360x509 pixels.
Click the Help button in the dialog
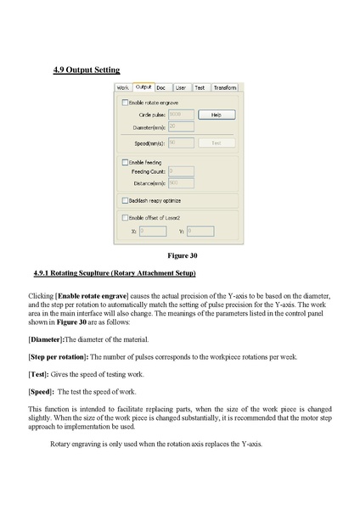click(x=217, y=114)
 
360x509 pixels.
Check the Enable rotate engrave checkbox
click(x=126, y=102)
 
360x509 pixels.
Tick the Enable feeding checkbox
click(x=126, y=161)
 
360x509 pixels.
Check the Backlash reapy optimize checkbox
click(x=126, y=200)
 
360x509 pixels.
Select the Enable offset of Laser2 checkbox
click(x=126, y=217)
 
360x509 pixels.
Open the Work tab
click(x=123, y=87)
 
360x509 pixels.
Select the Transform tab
click(x=225, y=87)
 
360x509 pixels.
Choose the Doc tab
click(x=161, y=87)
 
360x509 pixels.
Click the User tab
click(x=180, y=87)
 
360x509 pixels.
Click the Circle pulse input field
click(x=181, y=114)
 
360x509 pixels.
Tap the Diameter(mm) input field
click(x=181, y=126)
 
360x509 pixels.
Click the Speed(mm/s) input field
click(x=181, y=143)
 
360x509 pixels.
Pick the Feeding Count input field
click(x=181, y=171)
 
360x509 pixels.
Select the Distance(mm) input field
click(x=181, y=182)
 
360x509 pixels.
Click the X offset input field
click(x=152, y=230)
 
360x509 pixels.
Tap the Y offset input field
click(x=200, y=230)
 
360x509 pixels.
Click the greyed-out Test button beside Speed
click(x=217, y=143)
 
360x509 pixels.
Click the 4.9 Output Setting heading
click(x=86, y=70)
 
